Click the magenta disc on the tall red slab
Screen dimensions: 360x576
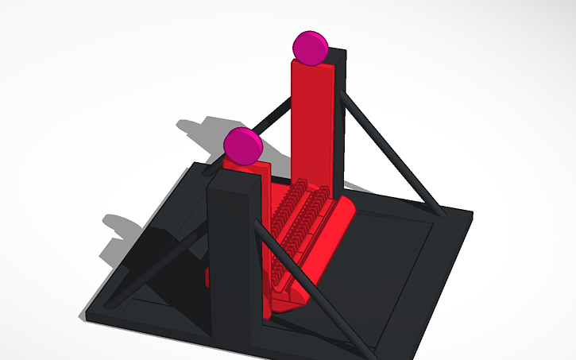310,48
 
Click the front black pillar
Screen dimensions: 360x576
233,262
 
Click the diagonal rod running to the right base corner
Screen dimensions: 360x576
389,151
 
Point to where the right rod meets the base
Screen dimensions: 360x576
439,212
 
